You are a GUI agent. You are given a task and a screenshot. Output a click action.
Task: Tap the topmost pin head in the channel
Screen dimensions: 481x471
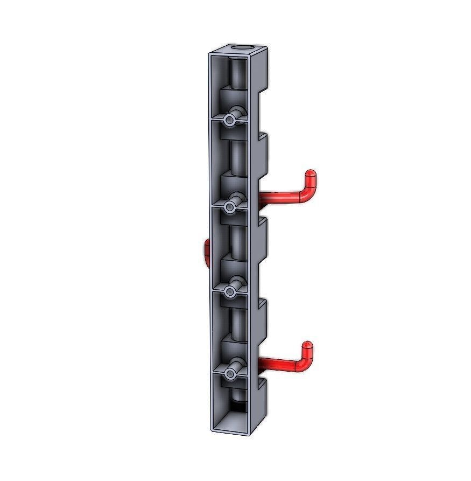click(x=230, y=121)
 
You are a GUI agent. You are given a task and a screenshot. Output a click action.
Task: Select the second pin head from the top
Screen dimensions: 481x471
click(x=230, y=207)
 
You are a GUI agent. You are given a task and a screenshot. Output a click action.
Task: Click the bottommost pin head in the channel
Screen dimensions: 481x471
click(x=230, y=373)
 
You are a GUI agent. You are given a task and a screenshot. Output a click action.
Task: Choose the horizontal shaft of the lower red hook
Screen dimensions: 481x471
click(x=277, y=366)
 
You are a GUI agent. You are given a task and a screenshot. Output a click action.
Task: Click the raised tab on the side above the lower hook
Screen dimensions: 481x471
click(x=263, y=323)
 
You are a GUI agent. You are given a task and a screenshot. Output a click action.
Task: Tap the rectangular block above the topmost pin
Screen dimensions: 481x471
click(x=233, y=100)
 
